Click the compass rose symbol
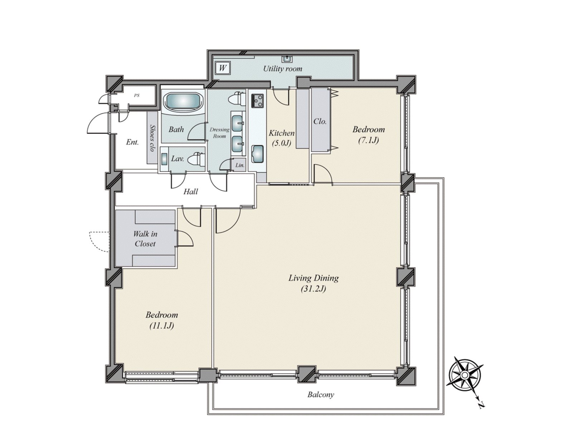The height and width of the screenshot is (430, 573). [464, 375]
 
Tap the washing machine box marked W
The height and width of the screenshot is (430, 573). [222, 68]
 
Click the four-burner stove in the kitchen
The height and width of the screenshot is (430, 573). [257, 101]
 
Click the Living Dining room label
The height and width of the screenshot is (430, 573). [313, 283]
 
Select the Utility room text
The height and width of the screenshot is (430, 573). [283, 69]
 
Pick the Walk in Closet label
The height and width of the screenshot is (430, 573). [145, 239]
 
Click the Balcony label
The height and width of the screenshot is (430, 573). [321, 394]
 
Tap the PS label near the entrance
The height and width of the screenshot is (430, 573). [136, 96]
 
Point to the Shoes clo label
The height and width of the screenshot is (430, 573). [152, 138]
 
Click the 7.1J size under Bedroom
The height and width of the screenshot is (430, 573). [369, 140]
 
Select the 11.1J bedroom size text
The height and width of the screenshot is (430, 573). [162, 326]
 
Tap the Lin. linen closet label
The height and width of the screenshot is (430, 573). [240, 165]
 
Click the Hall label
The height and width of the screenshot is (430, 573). [191, 192]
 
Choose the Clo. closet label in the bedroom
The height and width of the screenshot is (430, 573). [320, 121]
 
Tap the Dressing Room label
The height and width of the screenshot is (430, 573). [219, 133]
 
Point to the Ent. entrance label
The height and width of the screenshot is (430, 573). [133, 142]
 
